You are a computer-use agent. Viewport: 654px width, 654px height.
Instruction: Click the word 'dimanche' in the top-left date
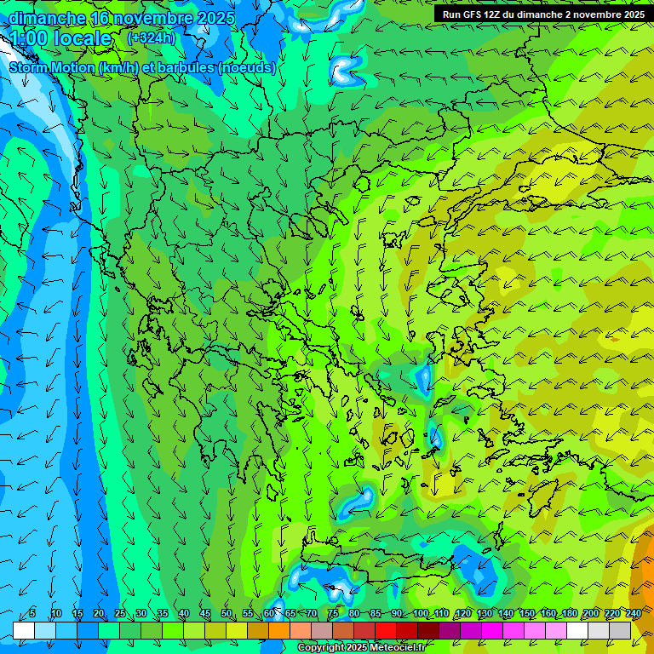pyautogui.click(x=47, y=18)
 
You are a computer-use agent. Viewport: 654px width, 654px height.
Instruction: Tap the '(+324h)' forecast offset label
pyautogui.click(x=152, y=38)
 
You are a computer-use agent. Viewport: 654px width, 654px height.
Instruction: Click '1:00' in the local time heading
pyautogui.click(x=29, y=39)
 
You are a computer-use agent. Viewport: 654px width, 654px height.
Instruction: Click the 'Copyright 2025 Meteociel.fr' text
pyautogui.click(x=360, y=648)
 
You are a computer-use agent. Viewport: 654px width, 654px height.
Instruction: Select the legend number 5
pyautogui.click(x=33, y=614)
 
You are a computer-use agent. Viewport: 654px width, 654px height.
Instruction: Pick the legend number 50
pyautogui.click(x=227, y=614)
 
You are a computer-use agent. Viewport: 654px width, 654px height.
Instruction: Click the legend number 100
pyautogui.click(x=421, y=614)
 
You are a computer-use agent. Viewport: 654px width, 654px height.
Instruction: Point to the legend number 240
pyautogui.click(x=634, y=614)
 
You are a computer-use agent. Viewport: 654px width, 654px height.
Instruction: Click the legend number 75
pyautogui.click(x=333, y=614)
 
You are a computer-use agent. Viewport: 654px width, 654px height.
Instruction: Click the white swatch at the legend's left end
pyautogui.click(x=23, y=630)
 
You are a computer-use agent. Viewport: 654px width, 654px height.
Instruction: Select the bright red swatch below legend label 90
pyautogui.click(x=386, y=630)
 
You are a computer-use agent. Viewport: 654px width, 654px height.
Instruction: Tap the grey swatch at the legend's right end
pyautogui.click(x=620, y=630)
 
